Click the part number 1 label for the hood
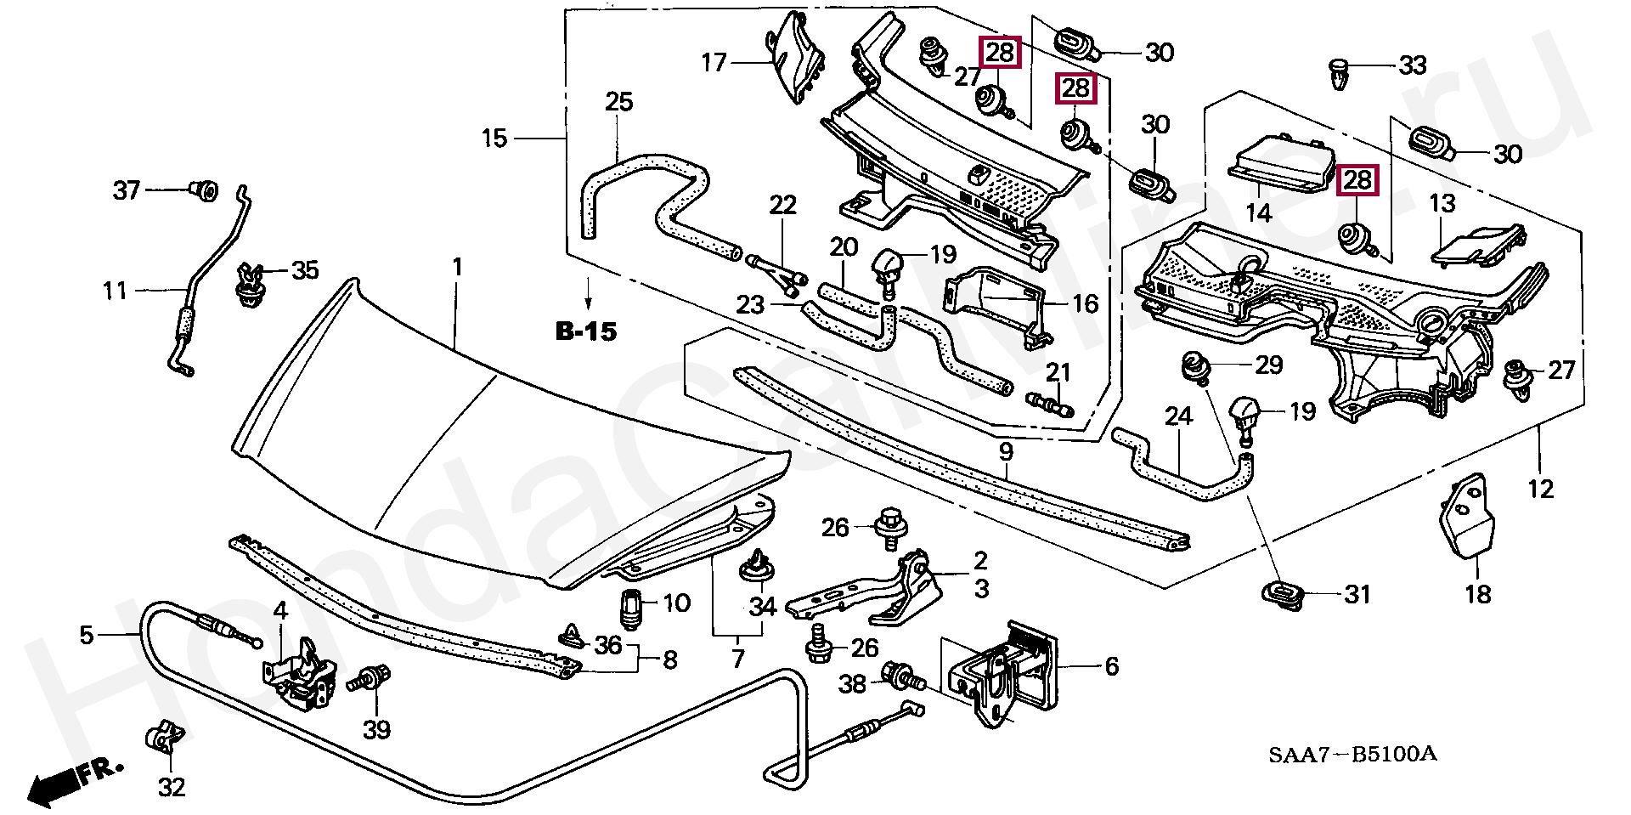click(x=457, y=268)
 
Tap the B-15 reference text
click(x=586, y=331)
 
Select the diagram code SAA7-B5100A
click(x=1353, y=754)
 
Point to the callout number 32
click(x=172, y=788)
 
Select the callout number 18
click(x=1478, y=594)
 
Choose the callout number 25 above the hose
click(x=619, y=102)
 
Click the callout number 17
click(x=714, y=62)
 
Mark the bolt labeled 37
click(x=204, y=190)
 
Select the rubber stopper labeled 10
click(x=631, y=607)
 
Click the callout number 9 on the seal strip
click(x=1006, y=451)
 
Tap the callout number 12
click(x=1540, y=489)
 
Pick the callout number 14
click(x=1258, y=212)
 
